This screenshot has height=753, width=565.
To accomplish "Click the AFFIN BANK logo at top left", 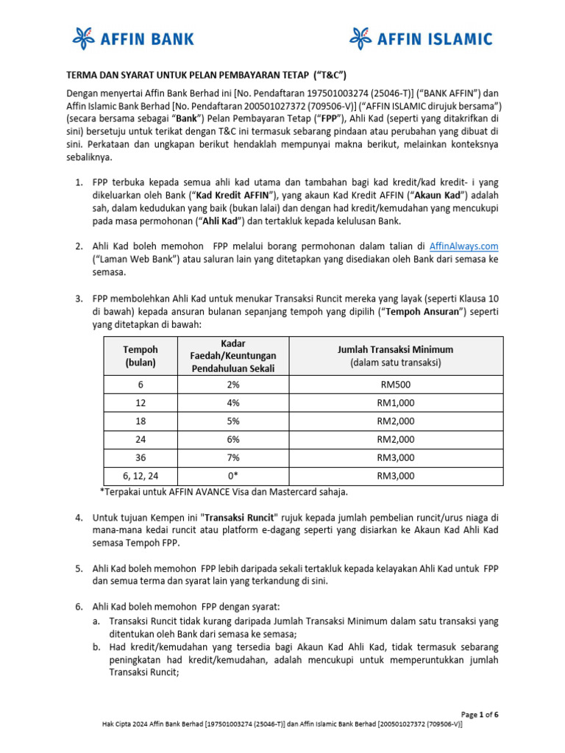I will [132, 38].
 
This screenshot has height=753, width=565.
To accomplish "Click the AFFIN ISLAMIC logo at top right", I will [421, 38].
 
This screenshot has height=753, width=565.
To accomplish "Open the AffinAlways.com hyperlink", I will [467, 246].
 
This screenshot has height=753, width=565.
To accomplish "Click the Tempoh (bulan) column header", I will [140, 356].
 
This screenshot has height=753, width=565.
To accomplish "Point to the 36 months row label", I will [140, 457].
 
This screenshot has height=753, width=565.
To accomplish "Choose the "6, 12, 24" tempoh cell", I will [140, 476].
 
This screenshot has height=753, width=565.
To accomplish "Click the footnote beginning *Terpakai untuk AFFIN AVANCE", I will [224, 491].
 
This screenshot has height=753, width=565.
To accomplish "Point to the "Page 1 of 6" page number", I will [480, 714].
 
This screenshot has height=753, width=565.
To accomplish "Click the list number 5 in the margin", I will [79, 568].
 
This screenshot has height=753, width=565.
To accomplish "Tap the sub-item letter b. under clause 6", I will [96, 646].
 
